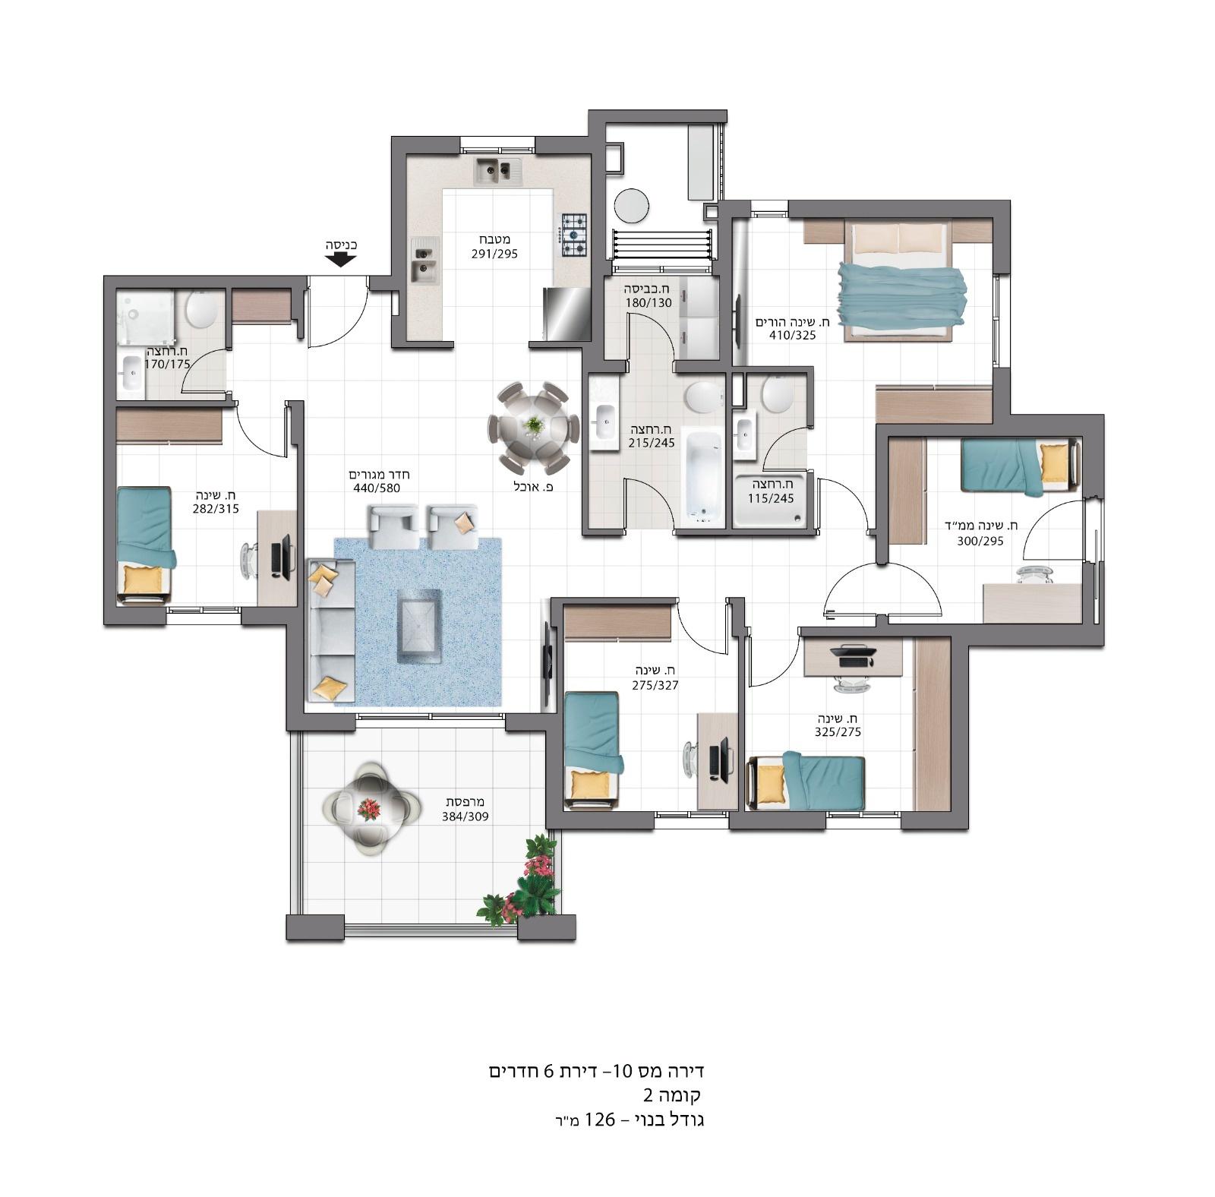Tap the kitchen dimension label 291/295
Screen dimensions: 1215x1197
(x=494, y=254)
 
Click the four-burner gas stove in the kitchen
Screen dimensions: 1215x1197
(x=574, y=235)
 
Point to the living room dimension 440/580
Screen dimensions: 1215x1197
(x=377, y=488)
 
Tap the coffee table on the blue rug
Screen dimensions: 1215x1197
(x=418, y=627)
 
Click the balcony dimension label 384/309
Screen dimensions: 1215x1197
(x=465, y=816)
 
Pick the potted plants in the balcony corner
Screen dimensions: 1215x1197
(x=525, y=881)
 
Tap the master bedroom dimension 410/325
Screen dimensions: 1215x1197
(x=792, y=334)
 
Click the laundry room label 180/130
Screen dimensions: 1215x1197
(x=649, y=302)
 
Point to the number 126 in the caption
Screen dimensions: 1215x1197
(x=598, y=1120)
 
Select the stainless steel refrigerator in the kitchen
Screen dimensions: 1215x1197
(x=566, y=314)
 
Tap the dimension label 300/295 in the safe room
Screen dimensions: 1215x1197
(x=980, y=541)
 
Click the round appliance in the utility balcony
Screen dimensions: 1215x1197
(x=631, y=205)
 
